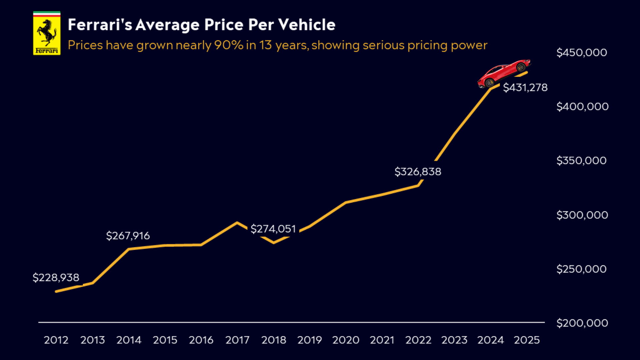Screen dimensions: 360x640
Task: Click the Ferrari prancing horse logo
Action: point(47,33)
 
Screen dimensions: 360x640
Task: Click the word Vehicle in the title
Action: point(307,25)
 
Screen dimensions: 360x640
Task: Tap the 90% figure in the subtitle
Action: point(229,45)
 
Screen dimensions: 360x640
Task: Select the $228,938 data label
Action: point(56,277)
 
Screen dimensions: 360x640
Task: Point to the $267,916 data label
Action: point(128,236)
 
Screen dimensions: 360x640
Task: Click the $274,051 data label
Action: point(273,229)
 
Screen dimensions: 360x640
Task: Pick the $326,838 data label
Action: point(418,171)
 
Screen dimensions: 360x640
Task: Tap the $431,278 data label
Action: point(525,87)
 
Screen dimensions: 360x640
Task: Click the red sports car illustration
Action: point(503,73)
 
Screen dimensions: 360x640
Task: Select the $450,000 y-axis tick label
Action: point(582,52)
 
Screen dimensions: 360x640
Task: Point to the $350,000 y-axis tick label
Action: point(581,160)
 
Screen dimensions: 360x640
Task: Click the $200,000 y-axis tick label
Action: point(582,323)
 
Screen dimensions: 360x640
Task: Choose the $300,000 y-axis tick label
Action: point(582,215)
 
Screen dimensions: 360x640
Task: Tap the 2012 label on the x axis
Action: point(56,340)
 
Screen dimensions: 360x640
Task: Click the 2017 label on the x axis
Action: point(237,340)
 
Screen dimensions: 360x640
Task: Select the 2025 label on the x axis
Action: point(527,340)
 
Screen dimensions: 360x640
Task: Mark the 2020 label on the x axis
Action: point(346,340)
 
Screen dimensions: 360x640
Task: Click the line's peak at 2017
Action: point(237,222)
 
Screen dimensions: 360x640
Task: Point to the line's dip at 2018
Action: point(274,243)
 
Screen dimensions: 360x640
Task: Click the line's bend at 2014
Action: point(129,249)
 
